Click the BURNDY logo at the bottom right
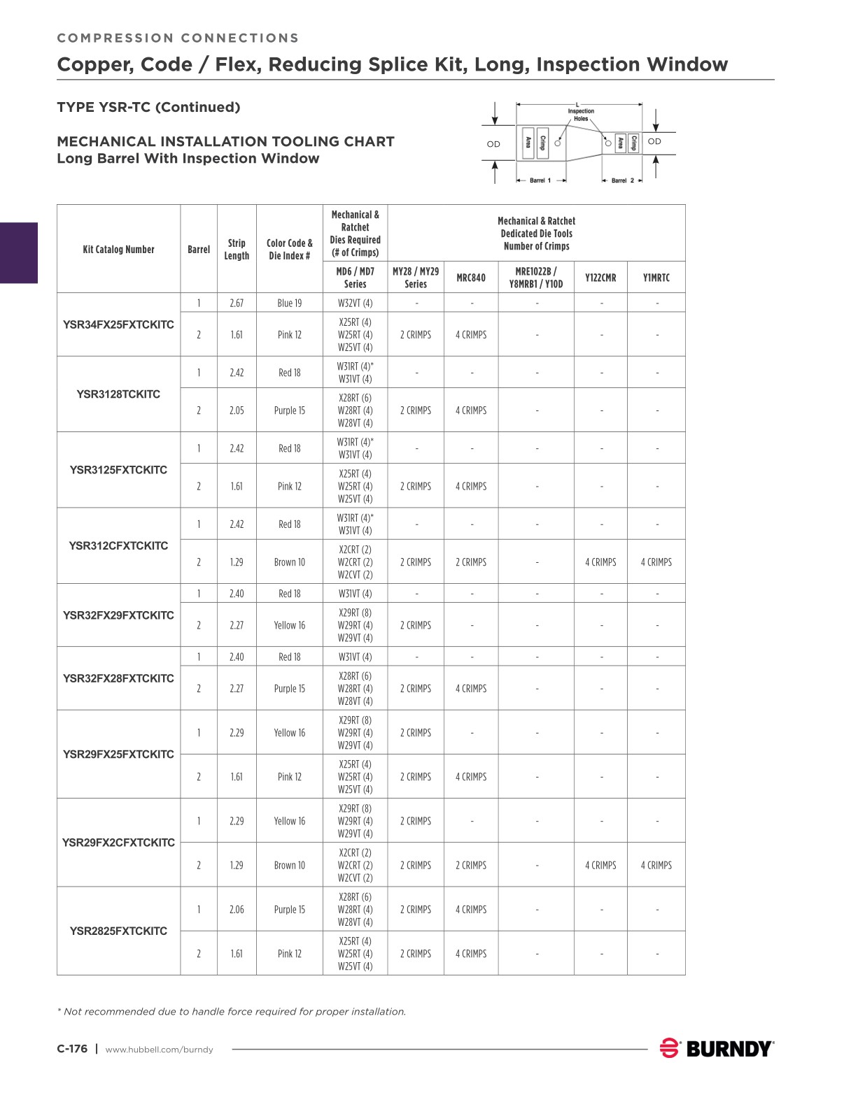pyautogui.click(x=717, y=1048)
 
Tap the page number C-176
pyautogui.click(x=72, y=1048)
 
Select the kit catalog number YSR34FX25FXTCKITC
pyautogui.click(x=118, y=324)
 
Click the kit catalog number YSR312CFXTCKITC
pyautogui.click(x=118, y=545)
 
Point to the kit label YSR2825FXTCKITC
pyautogui.click(x=118, y=931)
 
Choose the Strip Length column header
pyautogui.click(x=237, y=249)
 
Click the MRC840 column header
pyautogui.click(x=471, y=278)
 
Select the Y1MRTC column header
pyautogui.click(x=656, y=278)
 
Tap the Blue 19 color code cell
pyautogui.click(x=289, y=303)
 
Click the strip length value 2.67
pyautogui.click(x=237, y=303)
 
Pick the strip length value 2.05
pyautogui.click(x=237, y=410)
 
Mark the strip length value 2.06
pyautogui.click(x=237, y=909)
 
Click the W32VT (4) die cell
pyautogui.click(x=355, y=303)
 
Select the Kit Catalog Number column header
pyautogui.click(x=118, y=249)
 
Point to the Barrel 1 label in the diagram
pyautogui.click(x=540, y=180)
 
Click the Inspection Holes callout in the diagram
pyautogui.click(x=581, y=115)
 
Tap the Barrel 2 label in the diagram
pyautogui.click(x=622, y=180)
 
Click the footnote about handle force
pyautogui.click(x=231, y=1011)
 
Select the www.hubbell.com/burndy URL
pyautogui.click(x=159, y=1049)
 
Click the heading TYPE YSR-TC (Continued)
pyautogui.click(x=148, y=107)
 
